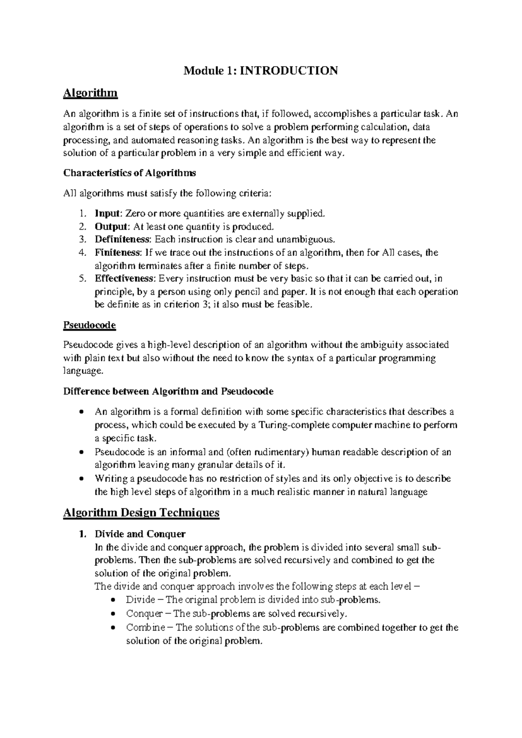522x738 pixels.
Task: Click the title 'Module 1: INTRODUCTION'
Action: click(261, 70)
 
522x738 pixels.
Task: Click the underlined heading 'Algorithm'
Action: click(90, 93)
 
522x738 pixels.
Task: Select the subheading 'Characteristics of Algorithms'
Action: click(130, 173)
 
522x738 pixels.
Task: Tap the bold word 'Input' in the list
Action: click(107, 213)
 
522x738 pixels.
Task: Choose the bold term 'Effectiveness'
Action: click(124, 278)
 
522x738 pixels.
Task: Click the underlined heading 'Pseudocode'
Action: click(89, 325)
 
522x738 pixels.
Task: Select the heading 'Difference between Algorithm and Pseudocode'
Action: click(168, 391)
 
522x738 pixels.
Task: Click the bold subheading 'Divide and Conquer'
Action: click(140, 533)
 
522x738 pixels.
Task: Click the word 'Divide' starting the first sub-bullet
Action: click(140, 600)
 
